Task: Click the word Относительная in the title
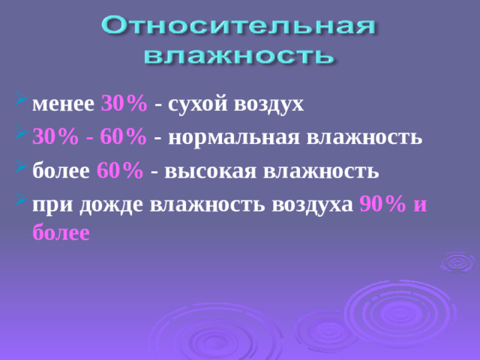coord(238,28)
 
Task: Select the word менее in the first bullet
coord(64,103)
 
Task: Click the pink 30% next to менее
coord(123,103)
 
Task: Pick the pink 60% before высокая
coord(120,172)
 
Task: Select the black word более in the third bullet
coord(62,172)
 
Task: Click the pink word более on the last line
coord(62,232)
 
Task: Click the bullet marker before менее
coord(20,102)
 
